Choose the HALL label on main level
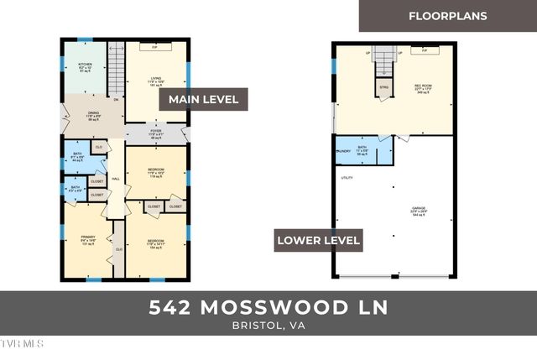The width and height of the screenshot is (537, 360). (117, 179)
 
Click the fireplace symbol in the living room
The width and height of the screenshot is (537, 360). (155, 48)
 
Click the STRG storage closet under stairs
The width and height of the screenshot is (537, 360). (383, 87)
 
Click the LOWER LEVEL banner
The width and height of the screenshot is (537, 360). (319, 241)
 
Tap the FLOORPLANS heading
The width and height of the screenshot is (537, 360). (447, 16)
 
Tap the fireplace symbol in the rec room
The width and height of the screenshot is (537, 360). (427, 50)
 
